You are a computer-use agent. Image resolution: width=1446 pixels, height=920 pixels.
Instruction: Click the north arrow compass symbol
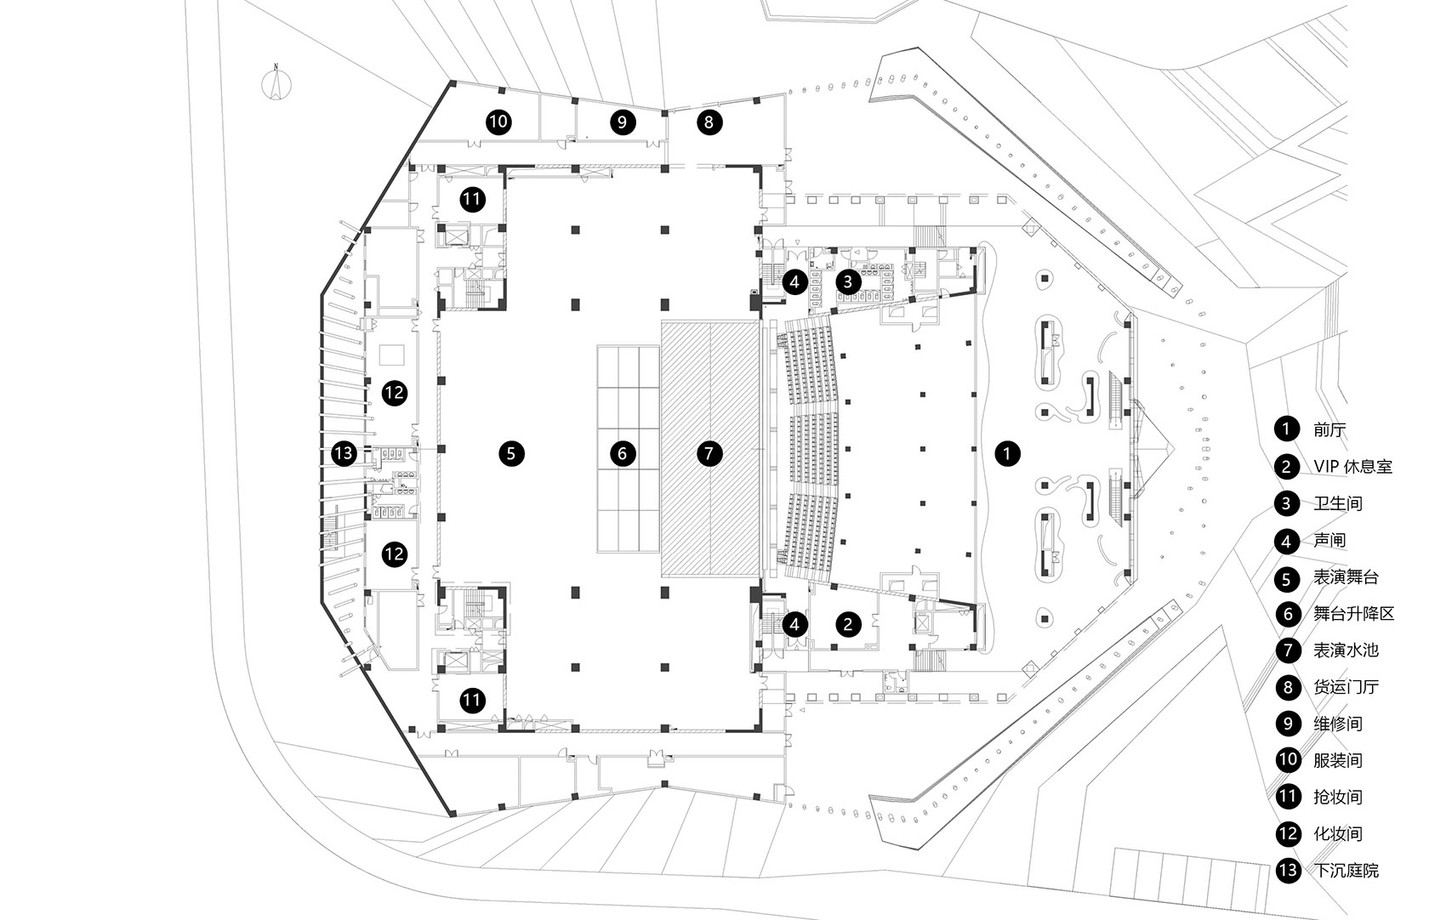click(276, 84)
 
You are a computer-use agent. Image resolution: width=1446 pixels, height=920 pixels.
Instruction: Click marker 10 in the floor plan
click(498, 122)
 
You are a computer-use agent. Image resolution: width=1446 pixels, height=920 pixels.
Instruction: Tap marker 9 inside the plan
click(623, 122)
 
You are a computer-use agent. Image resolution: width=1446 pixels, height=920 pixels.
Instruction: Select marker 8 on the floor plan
click(709, 122)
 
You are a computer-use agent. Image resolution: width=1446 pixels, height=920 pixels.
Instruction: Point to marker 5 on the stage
click(510, 453)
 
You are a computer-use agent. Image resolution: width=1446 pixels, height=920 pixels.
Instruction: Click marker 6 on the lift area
click(623, 453)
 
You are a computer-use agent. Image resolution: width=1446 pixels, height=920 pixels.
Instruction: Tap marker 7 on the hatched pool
click(709, 453)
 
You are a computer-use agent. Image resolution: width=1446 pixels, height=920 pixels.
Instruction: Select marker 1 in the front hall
click(1007, 453)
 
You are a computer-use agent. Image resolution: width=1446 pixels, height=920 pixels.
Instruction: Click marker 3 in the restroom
click(848, 281)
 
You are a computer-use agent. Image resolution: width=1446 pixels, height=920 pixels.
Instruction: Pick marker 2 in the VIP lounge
click(848, 624)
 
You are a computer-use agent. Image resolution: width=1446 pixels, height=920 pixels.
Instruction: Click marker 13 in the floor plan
click(344, 453)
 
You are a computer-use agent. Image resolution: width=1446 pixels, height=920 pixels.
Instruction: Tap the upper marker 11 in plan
click(472, 200)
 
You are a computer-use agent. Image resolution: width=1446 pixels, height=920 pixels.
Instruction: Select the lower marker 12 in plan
click(394, 554)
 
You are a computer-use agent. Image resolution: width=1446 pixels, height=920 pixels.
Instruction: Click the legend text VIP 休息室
click(1352, 467)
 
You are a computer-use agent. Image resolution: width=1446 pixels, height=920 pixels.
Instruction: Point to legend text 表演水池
click(1346, 650)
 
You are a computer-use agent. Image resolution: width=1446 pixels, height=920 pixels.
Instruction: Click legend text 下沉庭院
click(1346, 871)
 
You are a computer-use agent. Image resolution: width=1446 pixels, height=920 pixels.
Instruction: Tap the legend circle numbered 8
click(1287, 687)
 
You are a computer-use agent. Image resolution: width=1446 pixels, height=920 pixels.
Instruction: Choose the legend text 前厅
click(1329, 429)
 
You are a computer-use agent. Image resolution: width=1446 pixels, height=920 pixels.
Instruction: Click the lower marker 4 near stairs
click(794, 624)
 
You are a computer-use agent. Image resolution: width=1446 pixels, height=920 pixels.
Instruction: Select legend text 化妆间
click(1338, 834)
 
